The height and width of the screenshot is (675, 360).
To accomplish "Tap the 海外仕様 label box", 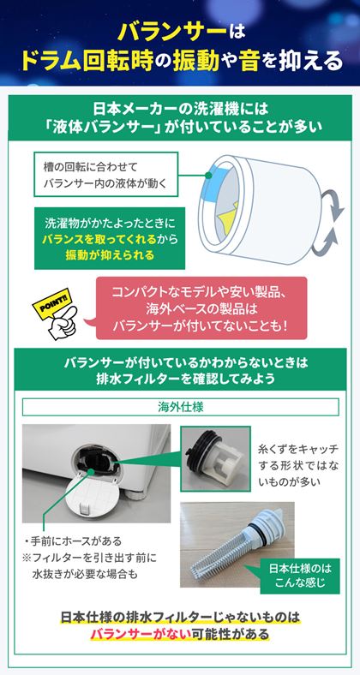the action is (181, 407).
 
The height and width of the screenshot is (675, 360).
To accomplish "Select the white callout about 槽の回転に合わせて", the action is (106, 175).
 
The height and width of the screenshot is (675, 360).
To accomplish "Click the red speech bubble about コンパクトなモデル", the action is (201, 308).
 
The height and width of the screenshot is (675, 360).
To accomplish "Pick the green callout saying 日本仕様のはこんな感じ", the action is (301, 576).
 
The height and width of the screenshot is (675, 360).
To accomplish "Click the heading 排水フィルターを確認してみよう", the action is (181, 379).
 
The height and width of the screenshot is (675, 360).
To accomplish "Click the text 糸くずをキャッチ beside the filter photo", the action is (298, 450).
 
